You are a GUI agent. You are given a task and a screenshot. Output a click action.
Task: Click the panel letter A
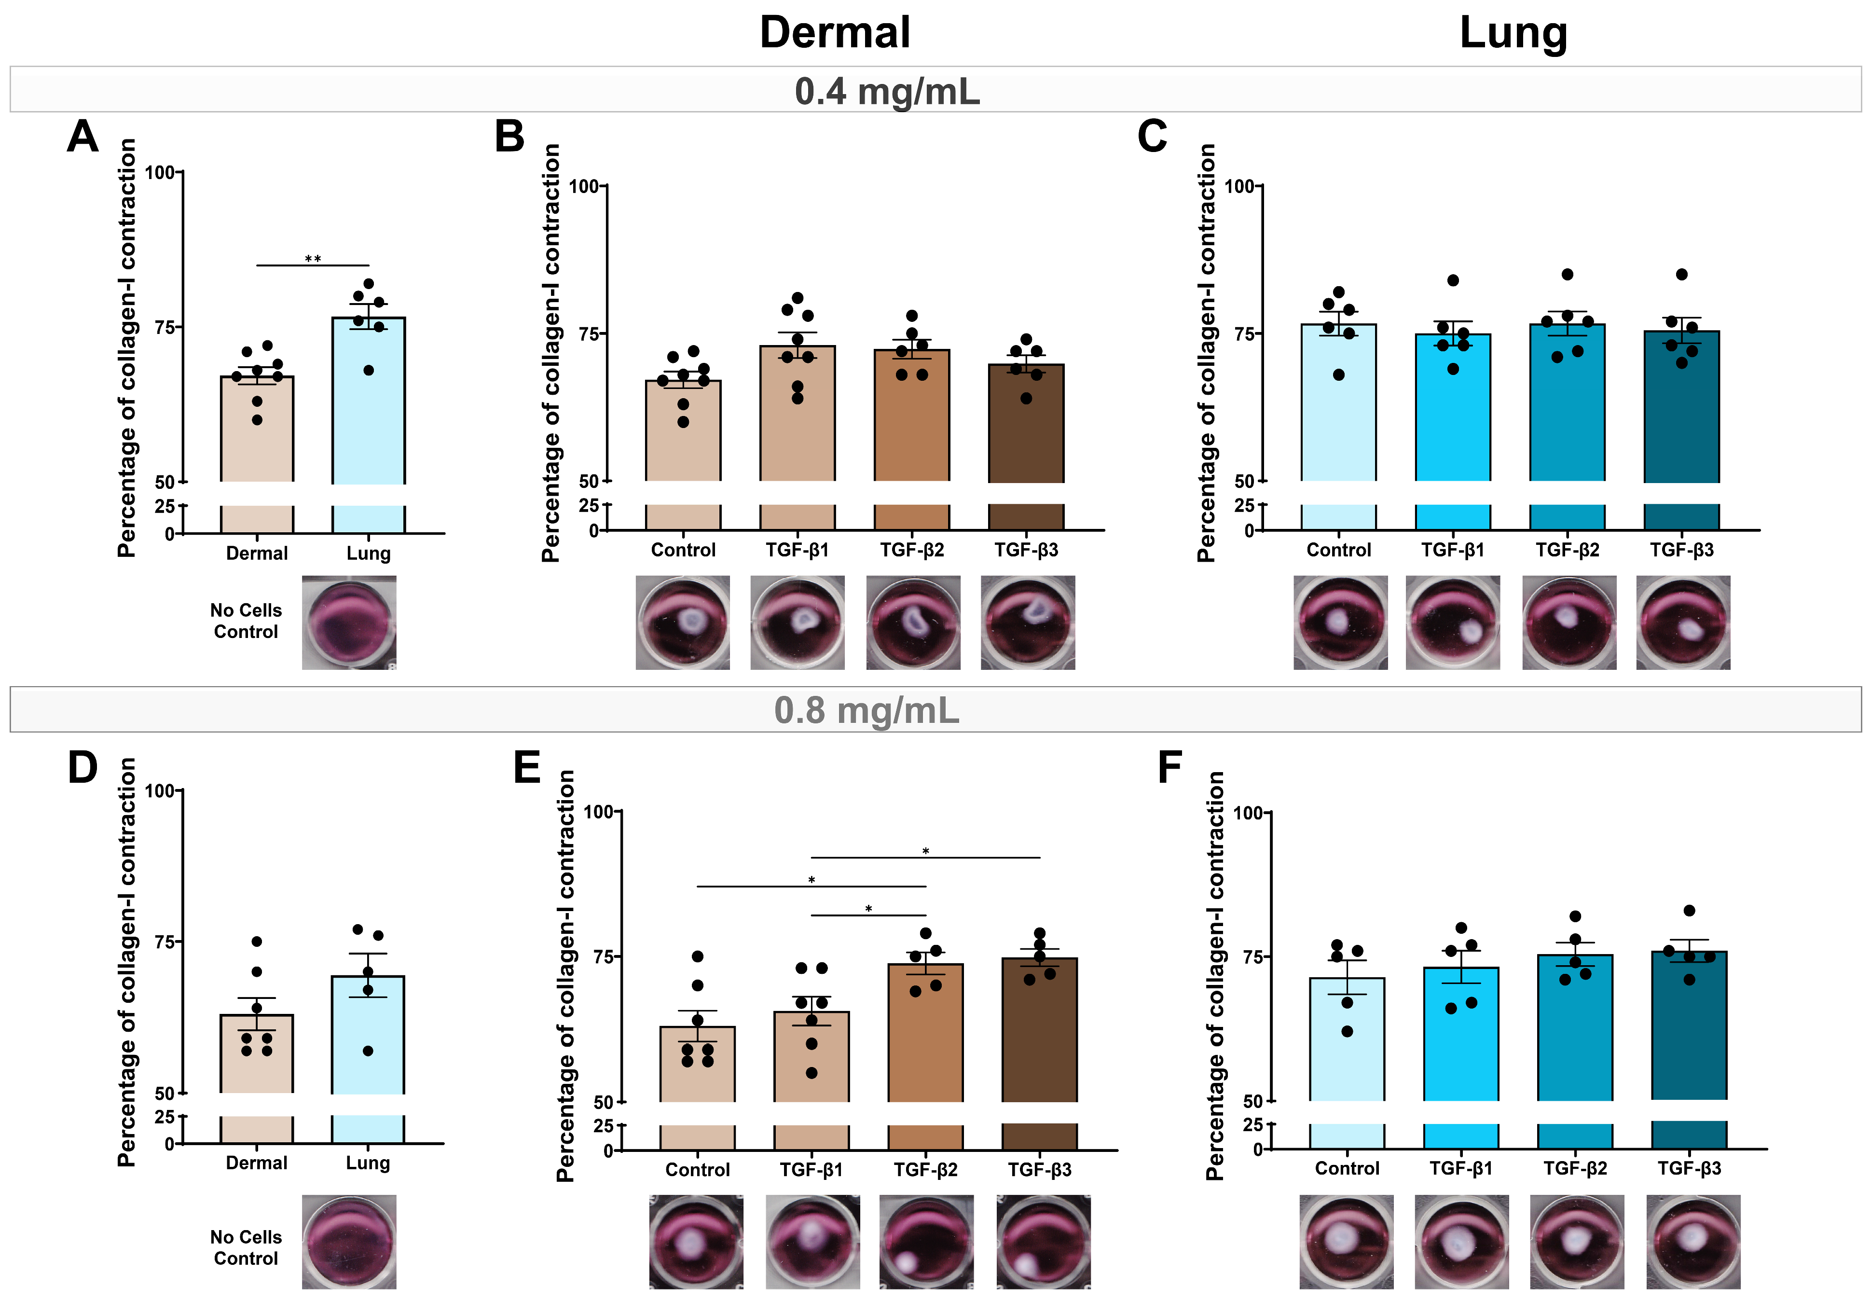(83, 137)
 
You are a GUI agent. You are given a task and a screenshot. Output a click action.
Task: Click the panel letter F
(1169, 768)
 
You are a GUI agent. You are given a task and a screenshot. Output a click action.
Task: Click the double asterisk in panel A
(313, 259)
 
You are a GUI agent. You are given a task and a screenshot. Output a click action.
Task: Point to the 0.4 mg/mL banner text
(887, 91)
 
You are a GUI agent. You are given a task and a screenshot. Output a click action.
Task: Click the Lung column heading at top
(1513, 33)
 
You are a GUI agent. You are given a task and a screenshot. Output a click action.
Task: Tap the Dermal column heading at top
(835, 33)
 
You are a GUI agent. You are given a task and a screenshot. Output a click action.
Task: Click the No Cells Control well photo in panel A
(349, 623)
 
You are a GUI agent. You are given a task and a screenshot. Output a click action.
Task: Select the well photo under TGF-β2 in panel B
(913, 623)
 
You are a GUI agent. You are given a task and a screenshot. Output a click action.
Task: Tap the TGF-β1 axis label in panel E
(811, 1169)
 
